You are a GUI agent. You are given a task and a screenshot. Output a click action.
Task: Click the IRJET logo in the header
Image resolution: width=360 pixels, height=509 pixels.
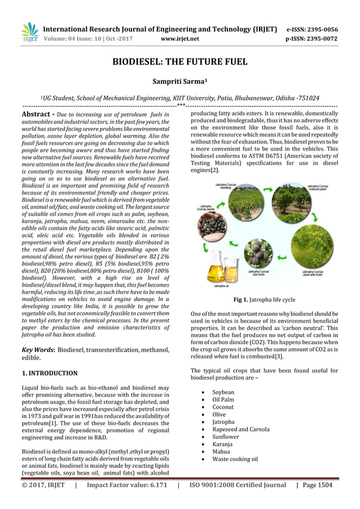click(28, 32)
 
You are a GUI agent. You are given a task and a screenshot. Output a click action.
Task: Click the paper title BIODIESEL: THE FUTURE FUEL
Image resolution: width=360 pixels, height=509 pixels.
click(179, 62)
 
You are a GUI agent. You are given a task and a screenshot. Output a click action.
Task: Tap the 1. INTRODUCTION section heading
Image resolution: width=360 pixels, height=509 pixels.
click(50, 373)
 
